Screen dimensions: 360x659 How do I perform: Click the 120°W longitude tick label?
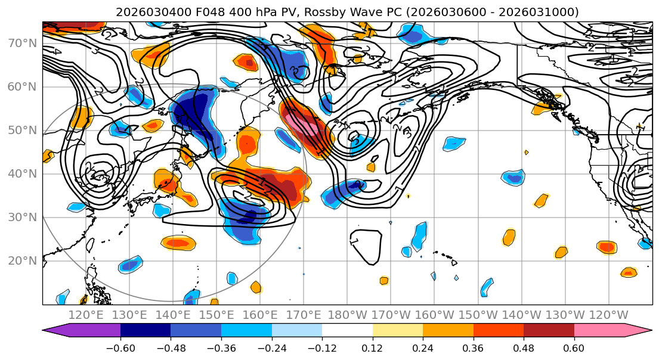click(x=609, y=315)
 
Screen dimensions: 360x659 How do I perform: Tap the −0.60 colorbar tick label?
click(x=120, y=347)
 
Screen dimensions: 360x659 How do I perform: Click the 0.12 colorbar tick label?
click(x=372, y=347)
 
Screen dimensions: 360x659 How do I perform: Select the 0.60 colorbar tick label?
click(x=574, y=347)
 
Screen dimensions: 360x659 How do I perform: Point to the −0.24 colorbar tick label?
click(x=271, y=347)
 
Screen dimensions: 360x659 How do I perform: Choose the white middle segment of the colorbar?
click(x=347, y=331)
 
